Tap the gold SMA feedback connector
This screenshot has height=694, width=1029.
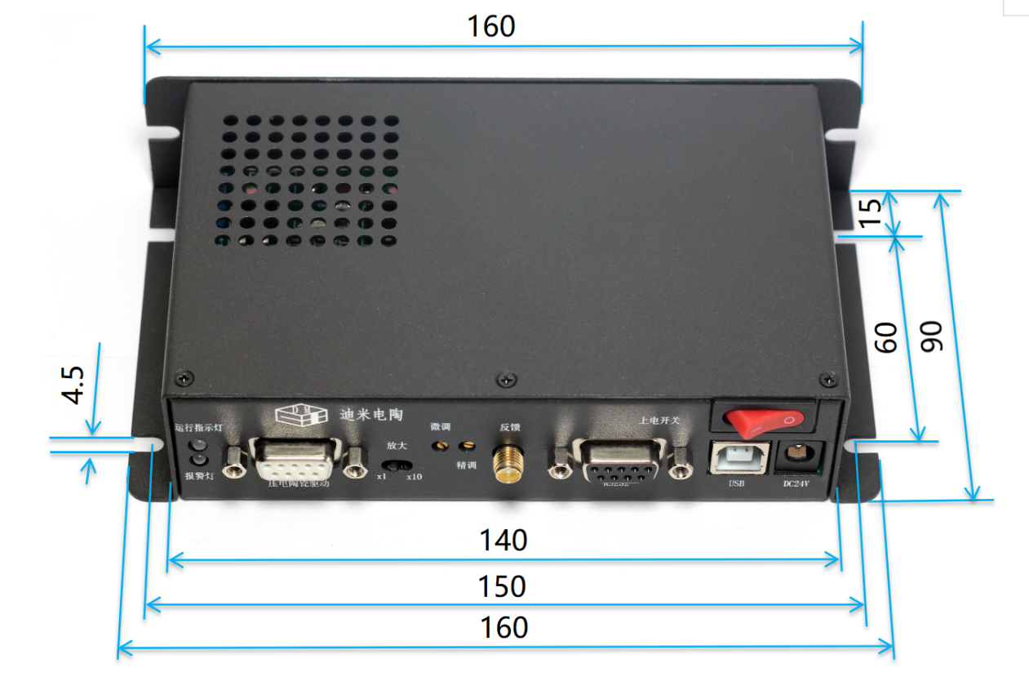point(509,465)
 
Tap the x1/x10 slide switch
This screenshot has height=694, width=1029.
point(398,465)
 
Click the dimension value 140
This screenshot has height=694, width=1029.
point(503,540)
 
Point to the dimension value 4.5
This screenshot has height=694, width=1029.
point(73,385)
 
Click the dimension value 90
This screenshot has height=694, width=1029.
point(931,336)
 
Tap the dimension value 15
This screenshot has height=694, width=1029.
point(872,212)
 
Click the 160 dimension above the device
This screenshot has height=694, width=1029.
point(491,26)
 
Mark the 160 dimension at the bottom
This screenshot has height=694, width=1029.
point(503,628)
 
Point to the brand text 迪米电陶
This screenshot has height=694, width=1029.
point(370,413)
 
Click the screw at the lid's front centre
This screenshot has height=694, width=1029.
point(510,379)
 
